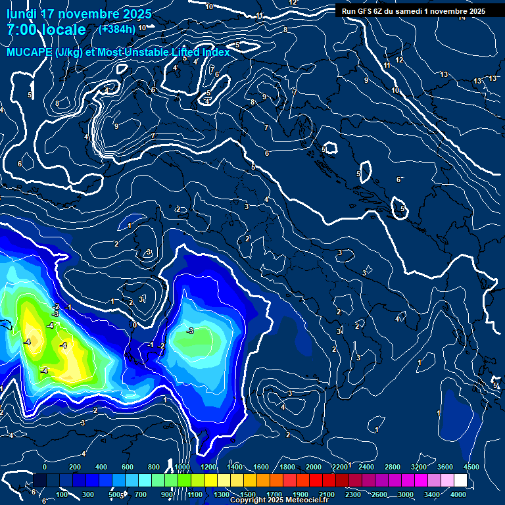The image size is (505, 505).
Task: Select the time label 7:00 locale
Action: [46, 30]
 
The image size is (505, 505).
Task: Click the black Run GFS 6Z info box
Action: [413, 11]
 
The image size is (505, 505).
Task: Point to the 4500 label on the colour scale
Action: [471, 467]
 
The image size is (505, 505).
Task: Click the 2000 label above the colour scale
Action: [314, 467]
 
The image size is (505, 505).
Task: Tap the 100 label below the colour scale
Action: [62, 494]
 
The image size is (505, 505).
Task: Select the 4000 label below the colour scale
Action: [459, 494]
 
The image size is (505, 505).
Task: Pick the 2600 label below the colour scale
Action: [379, 494]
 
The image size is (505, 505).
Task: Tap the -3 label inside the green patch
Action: [190, 331]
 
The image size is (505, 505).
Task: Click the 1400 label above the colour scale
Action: [234, 467]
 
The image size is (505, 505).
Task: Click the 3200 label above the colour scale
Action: [420, 467]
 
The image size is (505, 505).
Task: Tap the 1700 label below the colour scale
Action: [274, 494]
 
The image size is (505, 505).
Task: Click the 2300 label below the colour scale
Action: [353, 494]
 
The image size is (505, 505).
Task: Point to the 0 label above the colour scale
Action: [44, 467]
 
